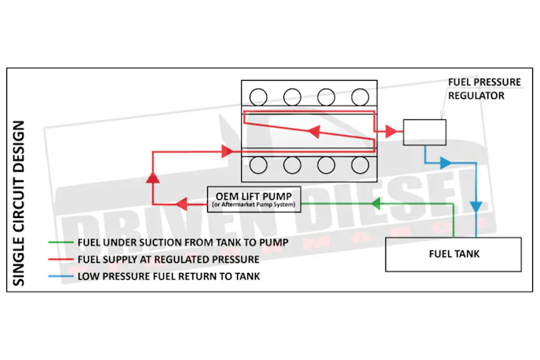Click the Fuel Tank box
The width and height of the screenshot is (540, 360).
tap(454, 253)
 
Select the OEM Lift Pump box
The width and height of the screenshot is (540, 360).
tap(254, 198)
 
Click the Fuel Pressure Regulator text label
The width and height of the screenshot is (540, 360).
tap(476, 88)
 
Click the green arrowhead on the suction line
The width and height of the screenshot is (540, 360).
tap(376, 204)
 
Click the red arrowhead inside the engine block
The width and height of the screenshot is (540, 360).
tap(313, 131)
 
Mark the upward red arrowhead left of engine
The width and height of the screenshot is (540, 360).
tap(151, 178)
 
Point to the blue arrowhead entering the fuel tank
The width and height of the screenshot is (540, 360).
tap(476, 206)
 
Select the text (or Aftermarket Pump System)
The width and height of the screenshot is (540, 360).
tap(254, 205)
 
